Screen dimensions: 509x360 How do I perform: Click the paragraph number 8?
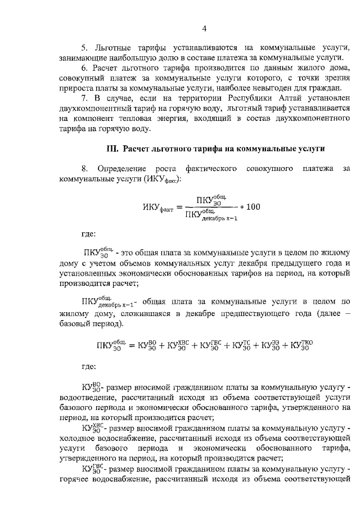coord(84,168)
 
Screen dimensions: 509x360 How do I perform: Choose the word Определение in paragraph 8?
coord(120,168)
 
